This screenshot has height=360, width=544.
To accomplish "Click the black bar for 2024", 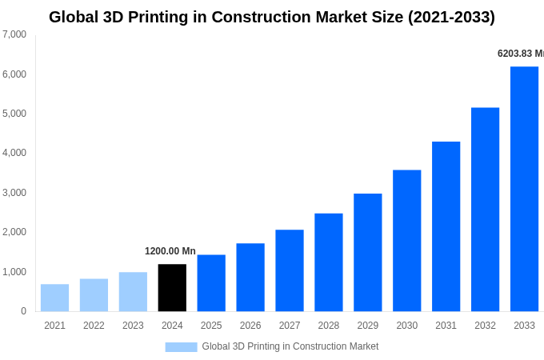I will point(172,288).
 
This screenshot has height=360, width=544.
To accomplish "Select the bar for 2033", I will point(524,189).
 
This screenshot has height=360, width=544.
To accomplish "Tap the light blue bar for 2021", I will point(54,298).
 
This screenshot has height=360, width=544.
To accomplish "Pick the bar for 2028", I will point(328,262).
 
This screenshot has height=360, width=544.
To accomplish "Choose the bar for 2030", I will point(406,241).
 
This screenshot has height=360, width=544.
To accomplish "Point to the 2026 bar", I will point(250,278).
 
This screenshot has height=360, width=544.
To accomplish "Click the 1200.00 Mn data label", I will point(170,251).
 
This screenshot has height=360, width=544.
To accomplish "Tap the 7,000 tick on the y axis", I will point(14,34).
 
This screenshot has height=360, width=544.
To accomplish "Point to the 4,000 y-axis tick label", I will point(14,153).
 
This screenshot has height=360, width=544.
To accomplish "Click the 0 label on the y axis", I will point(23,311).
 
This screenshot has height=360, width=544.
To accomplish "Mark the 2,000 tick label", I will point(14,232).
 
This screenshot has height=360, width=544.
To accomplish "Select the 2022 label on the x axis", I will point(94,326).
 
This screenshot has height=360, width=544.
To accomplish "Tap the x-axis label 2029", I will point(367,326).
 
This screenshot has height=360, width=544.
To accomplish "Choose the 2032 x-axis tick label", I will point(485,326).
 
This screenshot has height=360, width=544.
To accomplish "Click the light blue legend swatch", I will point(181,347).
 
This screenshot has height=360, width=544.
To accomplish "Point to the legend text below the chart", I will point(290,346).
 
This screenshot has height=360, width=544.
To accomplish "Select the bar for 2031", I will point(446,226).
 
